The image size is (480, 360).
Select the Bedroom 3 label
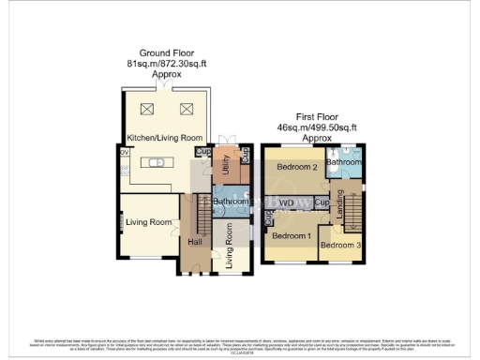337,246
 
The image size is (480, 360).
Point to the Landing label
339,212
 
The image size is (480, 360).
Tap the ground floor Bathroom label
230,202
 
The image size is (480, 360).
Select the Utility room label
225,167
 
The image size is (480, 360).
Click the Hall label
195,243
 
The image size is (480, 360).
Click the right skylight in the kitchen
186,108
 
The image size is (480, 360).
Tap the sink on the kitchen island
160,163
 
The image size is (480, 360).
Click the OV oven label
124,152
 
